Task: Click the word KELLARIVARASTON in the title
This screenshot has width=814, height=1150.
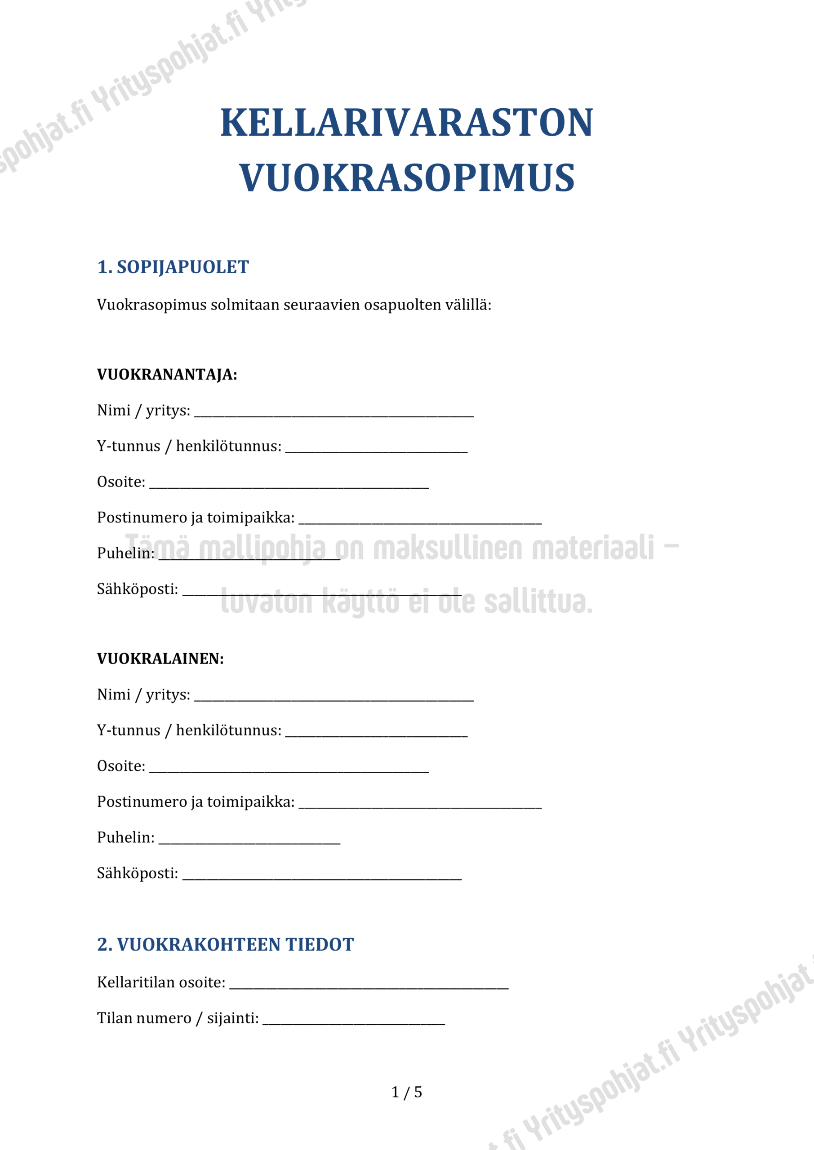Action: click(406, 123)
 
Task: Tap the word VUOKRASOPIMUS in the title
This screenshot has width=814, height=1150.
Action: click(406, 178)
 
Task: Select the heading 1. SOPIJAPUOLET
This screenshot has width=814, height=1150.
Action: click(173, 267)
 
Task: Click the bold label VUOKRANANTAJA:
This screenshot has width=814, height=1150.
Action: click(167, 375)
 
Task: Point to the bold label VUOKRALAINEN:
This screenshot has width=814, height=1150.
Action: click(160, 659)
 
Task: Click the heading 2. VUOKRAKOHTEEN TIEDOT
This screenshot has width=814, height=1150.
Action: click(226, 945)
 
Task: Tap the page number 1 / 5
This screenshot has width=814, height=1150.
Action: click(406, 1092)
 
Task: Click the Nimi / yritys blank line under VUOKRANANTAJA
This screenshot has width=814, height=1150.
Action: click(334, 414)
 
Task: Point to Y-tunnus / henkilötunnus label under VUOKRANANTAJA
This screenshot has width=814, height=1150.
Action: click(189, 446)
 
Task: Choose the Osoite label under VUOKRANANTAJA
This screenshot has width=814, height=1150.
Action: click(121, 482)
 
